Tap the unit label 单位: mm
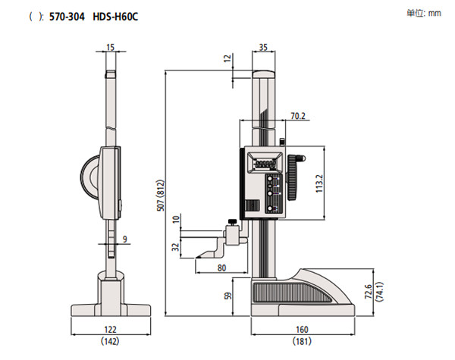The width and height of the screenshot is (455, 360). (424, 13)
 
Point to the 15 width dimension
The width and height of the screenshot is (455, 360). (111, 47)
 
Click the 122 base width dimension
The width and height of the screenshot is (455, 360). (111, 330)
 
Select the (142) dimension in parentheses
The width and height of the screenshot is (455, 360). (111, 342)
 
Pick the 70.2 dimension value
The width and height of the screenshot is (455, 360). (298, 116)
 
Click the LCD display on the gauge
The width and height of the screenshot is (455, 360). (264, 163)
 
